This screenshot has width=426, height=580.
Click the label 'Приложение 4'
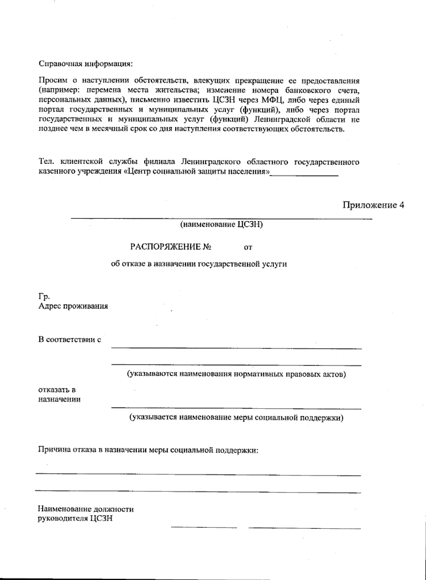click(373, 205)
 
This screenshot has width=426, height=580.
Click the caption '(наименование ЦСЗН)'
click(222, 224)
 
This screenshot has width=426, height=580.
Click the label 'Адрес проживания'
click(73, 306)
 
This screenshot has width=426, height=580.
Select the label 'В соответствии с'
click(70, 339)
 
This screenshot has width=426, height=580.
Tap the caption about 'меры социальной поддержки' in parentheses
click(236, 417)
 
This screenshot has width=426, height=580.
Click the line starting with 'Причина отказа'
click(148, 450)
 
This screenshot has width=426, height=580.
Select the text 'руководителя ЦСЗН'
click(75, 518)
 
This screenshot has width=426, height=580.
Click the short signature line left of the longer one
click(204, 527)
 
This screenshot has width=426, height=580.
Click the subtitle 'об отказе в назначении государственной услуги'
click(199, 264)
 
